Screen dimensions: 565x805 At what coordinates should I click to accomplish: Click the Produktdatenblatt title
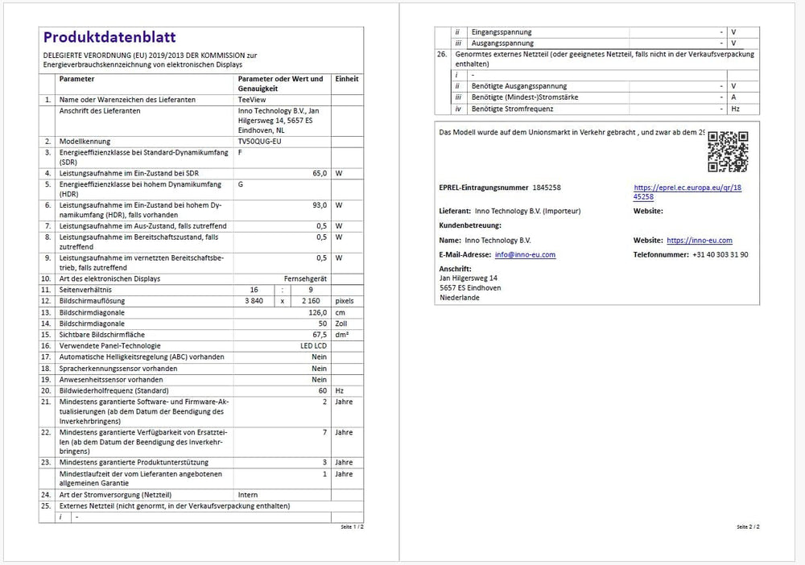coord(109,37)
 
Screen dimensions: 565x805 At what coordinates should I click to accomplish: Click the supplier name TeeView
coord(251,99)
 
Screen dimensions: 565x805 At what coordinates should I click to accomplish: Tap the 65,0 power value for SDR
coord(320,173)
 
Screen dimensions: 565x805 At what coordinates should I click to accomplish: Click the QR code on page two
coord(727,151)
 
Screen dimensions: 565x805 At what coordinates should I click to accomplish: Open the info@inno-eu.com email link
coord(525,254)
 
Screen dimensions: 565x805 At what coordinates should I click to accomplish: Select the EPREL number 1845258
coord(547,187)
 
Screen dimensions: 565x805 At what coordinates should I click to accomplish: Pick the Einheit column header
coord(346,79)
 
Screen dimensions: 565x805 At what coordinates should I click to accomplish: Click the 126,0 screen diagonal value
coord(316,311)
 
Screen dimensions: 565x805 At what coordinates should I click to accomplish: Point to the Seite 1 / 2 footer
coord(352,526)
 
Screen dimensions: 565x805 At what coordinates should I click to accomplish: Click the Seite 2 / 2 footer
coord(748,526)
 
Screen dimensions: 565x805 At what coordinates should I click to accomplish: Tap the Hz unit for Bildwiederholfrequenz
coord(338,390)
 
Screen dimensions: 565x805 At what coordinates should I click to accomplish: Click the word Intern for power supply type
coord(248,494)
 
